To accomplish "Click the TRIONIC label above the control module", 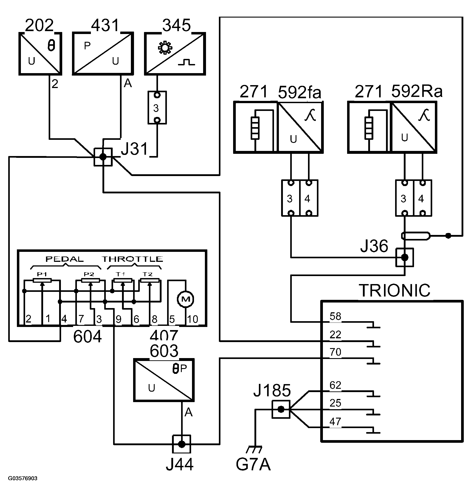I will pos(394,291).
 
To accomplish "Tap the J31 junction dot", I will pos(103,157).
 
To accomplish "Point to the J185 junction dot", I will pos(281,409).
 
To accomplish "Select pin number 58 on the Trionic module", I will pos(335,316).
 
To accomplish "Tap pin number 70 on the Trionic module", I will pos(335,352).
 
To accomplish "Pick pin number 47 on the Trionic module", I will pos(335,421).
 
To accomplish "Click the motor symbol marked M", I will pos(185,299).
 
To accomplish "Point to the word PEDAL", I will pos(64,259).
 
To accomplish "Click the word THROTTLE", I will pos(132,259).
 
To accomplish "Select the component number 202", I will pos(40,25).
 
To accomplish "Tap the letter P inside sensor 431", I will pos(87,46).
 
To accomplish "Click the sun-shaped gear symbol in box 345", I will pos(165,48).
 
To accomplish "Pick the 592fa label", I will pos(299,92).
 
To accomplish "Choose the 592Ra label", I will pos(417,91).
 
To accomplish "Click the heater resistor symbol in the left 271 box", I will pos(255,128).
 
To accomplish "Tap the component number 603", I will pos(164,351).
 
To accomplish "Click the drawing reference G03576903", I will pos(23,478).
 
